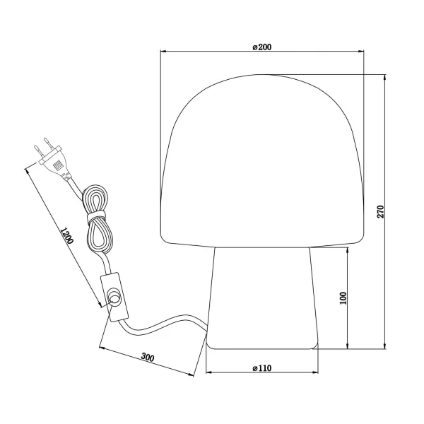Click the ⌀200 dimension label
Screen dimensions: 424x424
(262, 47)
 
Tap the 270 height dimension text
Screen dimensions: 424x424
(380, 211)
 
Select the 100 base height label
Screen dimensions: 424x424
(343, 298)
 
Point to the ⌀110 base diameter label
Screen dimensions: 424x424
(262, 368)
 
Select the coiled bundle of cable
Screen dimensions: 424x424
(95, 219)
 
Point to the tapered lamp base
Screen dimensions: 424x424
(262, 297)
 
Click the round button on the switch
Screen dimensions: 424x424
(114, 300)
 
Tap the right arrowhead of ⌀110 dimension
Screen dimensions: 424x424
(316, 373)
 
